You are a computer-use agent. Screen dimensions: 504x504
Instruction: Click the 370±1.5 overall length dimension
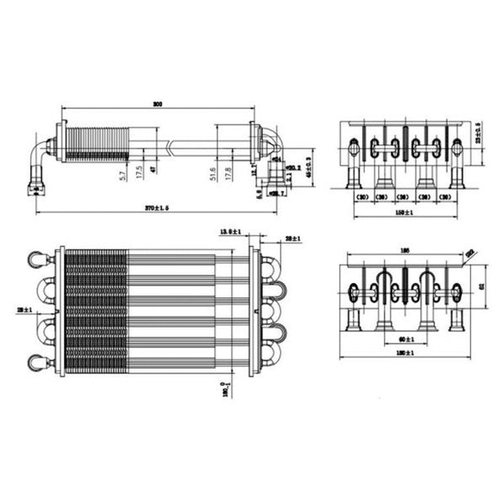coord(156,207)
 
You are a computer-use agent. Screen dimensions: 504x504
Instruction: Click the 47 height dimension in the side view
coord(154,170)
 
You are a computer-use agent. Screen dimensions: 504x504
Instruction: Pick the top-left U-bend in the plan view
coord(39,260)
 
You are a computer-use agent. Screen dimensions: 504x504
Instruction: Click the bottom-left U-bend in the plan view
coord(39,362)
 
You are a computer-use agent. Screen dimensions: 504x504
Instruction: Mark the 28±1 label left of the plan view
coord(22,310)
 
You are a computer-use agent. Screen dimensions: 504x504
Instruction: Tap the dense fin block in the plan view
coord(95,311)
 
